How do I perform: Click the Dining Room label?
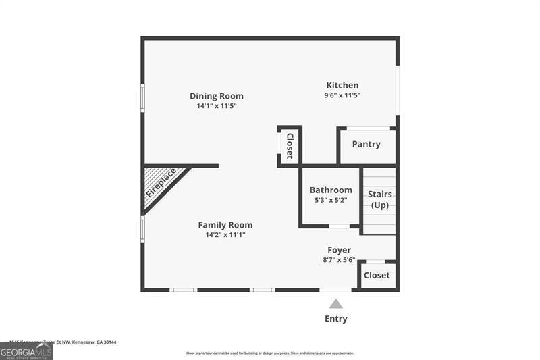pos(216,96)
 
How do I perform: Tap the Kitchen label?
pos(342,85)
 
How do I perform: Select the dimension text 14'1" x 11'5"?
pos(216,106)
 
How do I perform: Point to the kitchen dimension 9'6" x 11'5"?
pos(342,95)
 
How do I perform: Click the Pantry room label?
pos(367,144)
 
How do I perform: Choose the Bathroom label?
pos(331,190)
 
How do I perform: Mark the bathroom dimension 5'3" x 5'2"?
pos(331,200)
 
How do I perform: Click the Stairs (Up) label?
pos(379,199)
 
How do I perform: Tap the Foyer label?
pos(339,250)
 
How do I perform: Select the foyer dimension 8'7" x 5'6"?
pos(339,259)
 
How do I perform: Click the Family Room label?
pos(225,225)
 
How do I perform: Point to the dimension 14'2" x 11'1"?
pos(225,235)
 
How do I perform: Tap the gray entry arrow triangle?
pos(336,304)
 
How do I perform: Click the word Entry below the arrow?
pos(336,319)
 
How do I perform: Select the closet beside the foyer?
pos(377,275)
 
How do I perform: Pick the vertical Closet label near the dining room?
pos(290,146)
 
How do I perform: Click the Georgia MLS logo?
pos(26,351)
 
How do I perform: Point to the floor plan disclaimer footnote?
pos(270,353)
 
